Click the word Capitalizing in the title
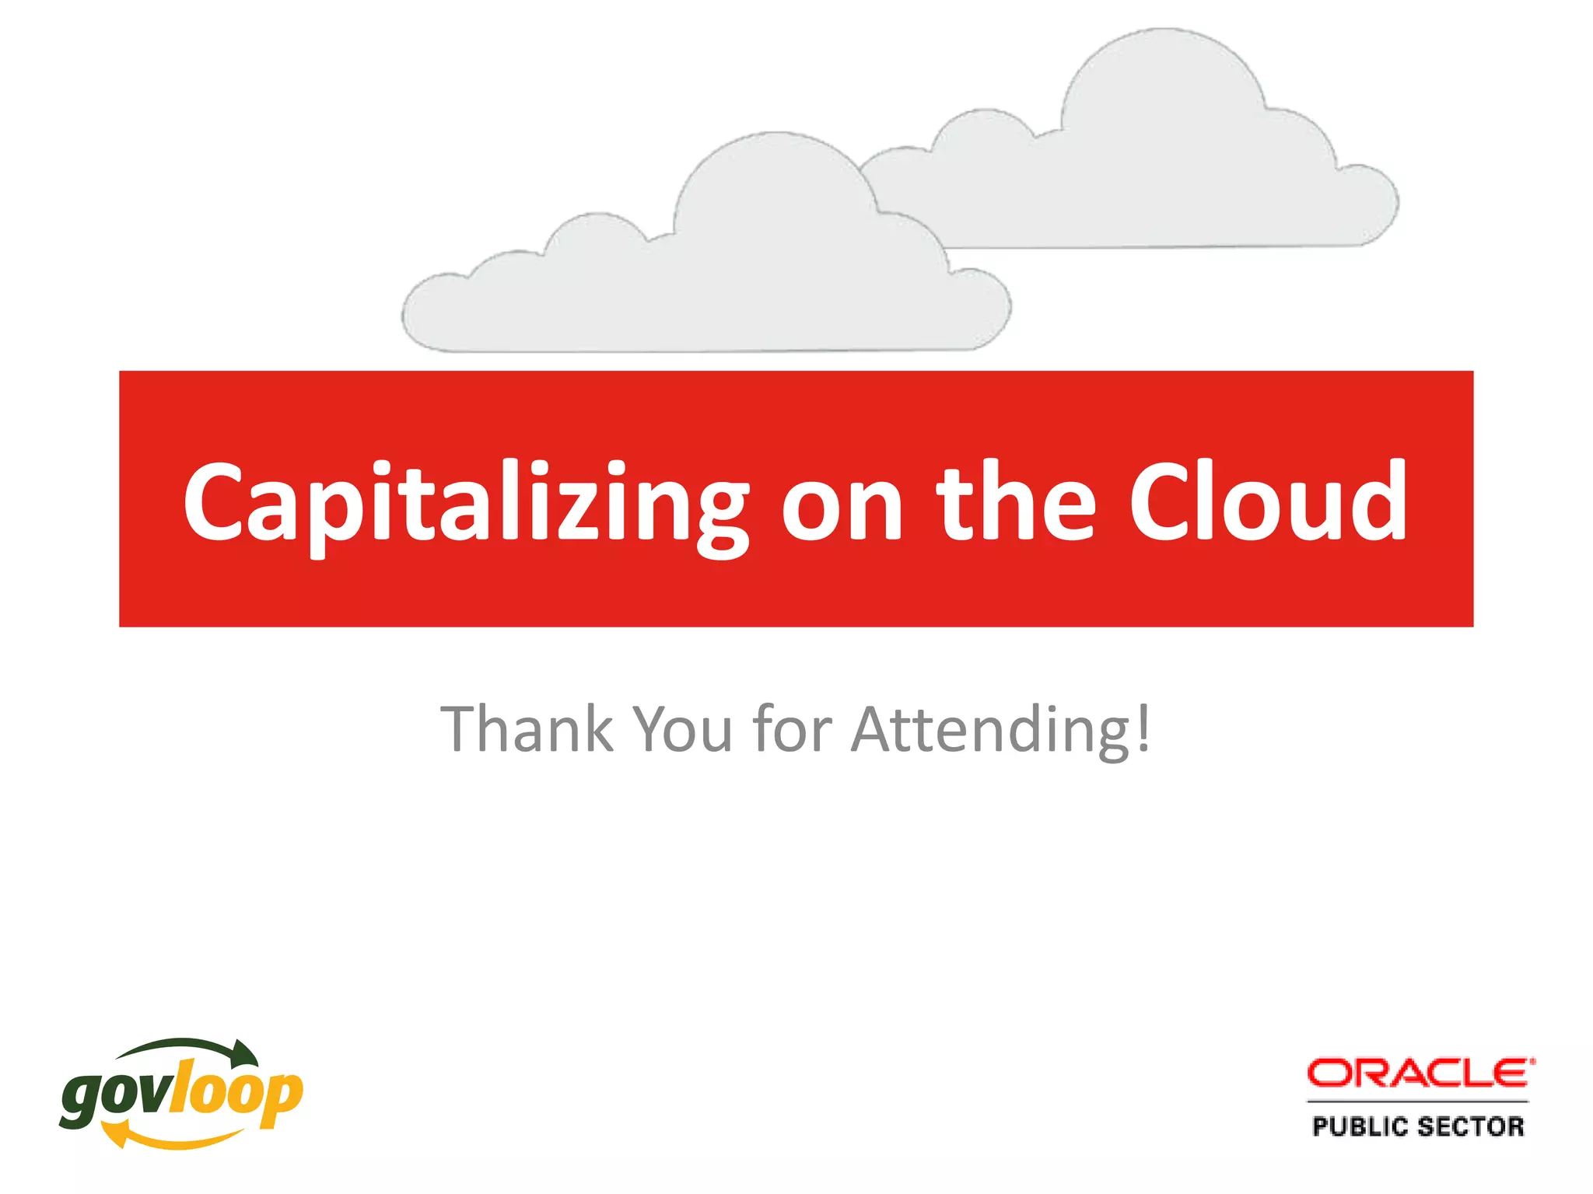465,504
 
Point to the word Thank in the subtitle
527,729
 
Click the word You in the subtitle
683,729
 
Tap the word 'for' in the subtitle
793,729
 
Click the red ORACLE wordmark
1420,1074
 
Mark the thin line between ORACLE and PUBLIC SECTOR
1418,1101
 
